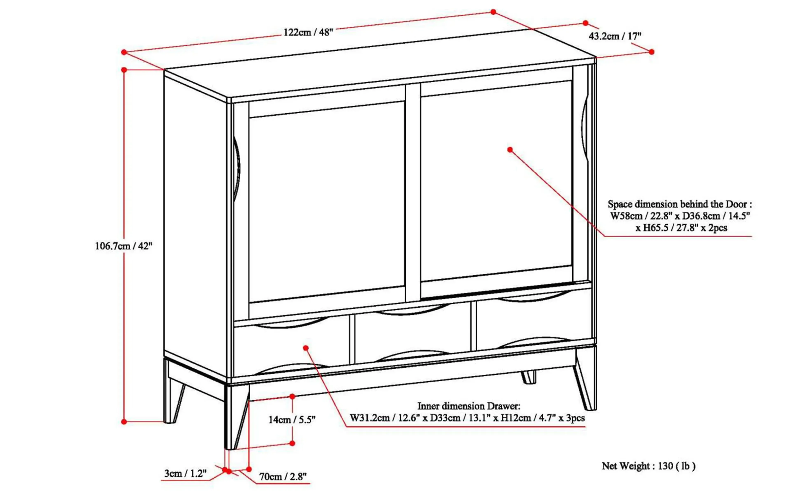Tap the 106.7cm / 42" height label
coord(124,246)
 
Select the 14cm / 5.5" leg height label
coord(292,420)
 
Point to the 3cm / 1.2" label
coord(185,473)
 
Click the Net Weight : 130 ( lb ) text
coord(648,466)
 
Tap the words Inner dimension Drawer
coord(469,406)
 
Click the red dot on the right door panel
coord(510,150)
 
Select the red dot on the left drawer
coord(306,348)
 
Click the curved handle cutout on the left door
coord(237,169)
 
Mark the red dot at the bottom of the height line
coord(124,422)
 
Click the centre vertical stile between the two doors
coord(413,193)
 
